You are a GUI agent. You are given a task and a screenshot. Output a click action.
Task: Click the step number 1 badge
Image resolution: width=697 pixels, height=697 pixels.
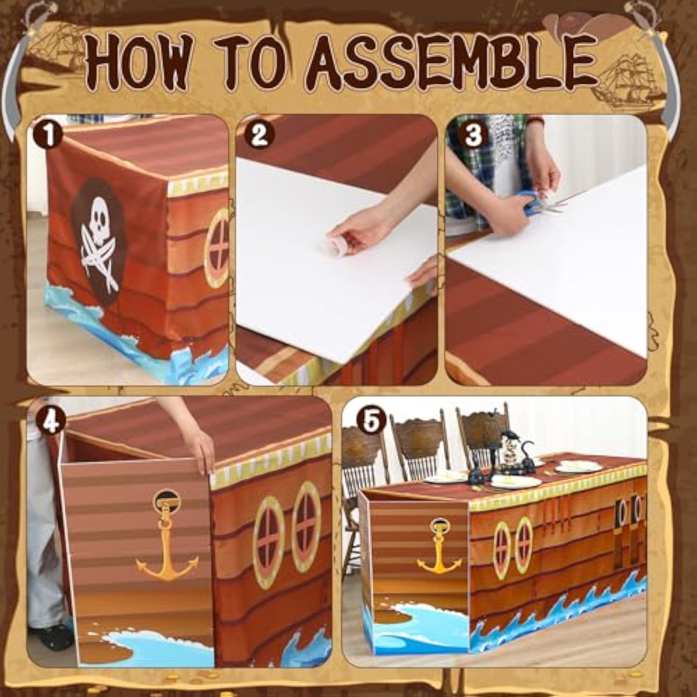tap(48, 135)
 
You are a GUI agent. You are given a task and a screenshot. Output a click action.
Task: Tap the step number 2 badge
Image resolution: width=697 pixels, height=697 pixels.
tap(259, 135)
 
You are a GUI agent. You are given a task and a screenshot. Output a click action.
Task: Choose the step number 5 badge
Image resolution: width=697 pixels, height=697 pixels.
tap(370, 421)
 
